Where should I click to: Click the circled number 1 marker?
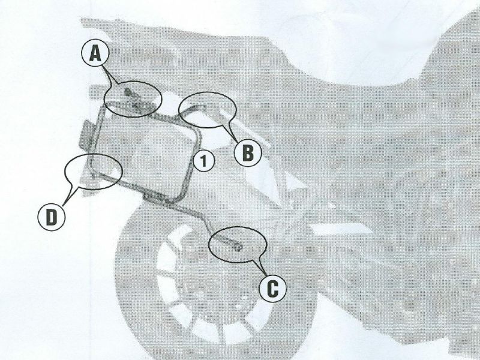[x=205, y=160]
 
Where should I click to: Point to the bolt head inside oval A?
[x=128, y=92]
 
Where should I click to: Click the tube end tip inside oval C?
[x=239, y=245]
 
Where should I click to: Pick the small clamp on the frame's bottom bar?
[x=148, y=197]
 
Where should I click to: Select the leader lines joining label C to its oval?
[x=259, y=266]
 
